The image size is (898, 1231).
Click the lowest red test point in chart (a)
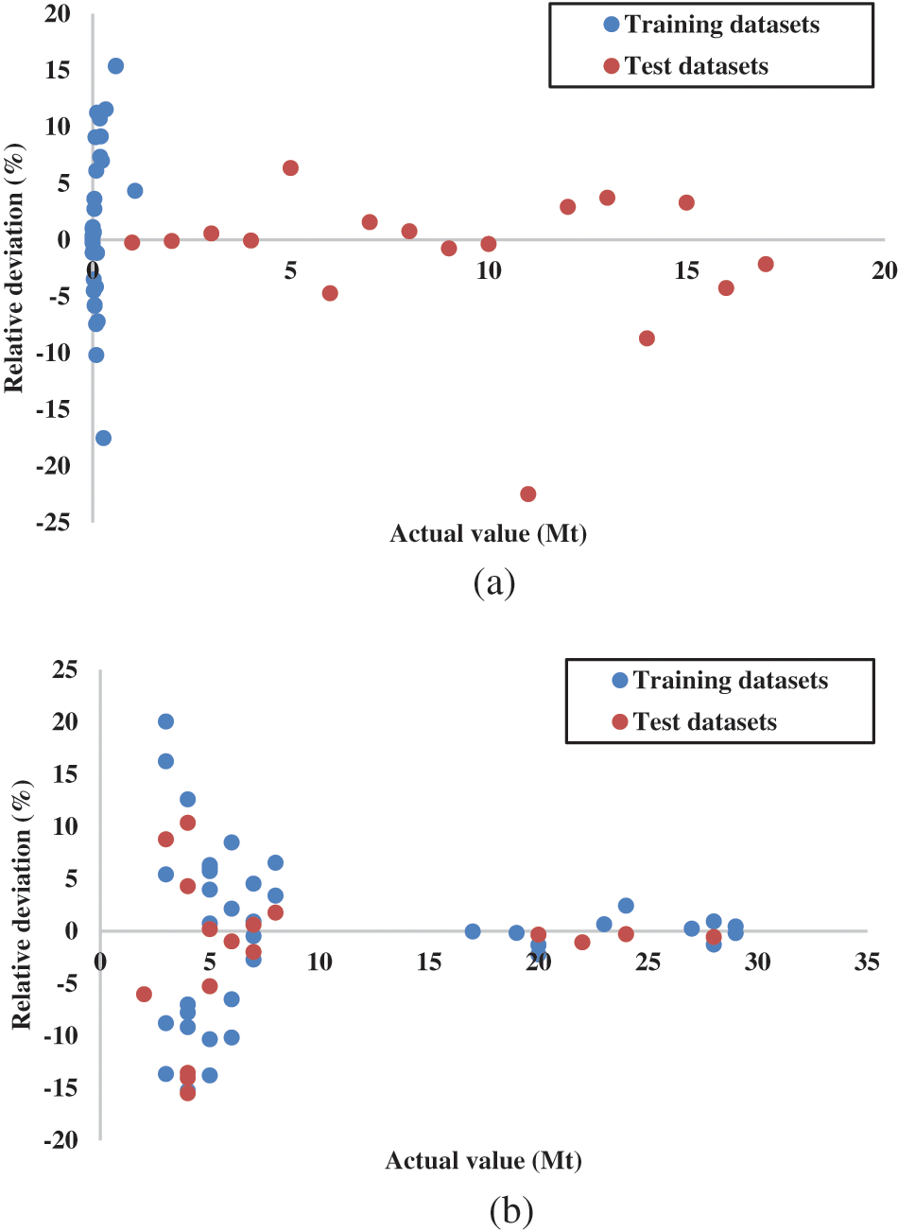(x=527, y=494)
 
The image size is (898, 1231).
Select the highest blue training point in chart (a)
(x=115, y=66)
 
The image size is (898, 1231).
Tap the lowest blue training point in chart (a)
(x=103, y=438)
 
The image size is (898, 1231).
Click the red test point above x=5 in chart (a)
(x=290, y=168)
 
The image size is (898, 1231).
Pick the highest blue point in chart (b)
(x=165, y=721)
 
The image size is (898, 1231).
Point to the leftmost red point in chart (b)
(x=144, y=994)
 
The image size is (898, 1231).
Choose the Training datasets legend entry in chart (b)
(x=719, y=681)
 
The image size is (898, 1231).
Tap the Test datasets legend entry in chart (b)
(x=695, y=722)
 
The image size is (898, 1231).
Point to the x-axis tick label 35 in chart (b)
(x=866, y=962)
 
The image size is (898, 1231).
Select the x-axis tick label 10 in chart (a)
(x=488, y=270)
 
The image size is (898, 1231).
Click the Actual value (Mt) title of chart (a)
(x=488, y=534)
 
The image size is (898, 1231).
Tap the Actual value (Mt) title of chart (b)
(x=483, y=1160)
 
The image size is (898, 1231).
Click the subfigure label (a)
(x=493, y=582)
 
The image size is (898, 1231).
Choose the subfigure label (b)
(x=510, y=1209)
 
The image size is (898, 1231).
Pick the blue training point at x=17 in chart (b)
(x=473, y=931)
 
